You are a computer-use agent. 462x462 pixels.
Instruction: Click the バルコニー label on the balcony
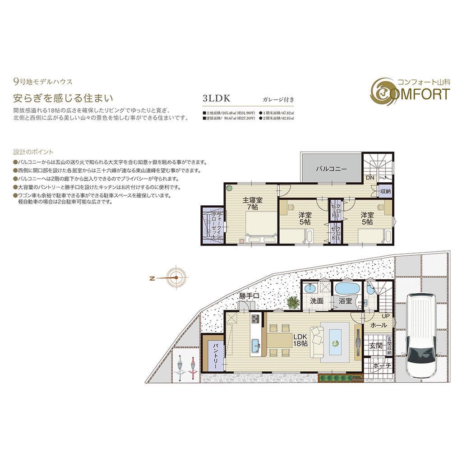[331, 169]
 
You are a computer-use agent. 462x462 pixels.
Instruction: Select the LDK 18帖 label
[300, 340]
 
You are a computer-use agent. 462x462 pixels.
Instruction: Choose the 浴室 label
[345, 301]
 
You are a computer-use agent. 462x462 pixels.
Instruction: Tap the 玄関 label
[375, 346]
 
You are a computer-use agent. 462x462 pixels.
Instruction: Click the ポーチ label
[381, 365]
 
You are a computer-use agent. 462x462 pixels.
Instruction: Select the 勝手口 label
[249, 296]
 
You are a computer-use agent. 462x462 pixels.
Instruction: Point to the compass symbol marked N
[174, 278]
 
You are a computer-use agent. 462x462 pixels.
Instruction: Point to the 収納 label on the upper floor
[385, 190]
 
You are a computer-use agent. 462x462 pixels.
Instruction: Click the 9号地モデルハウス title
[43, 82]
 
